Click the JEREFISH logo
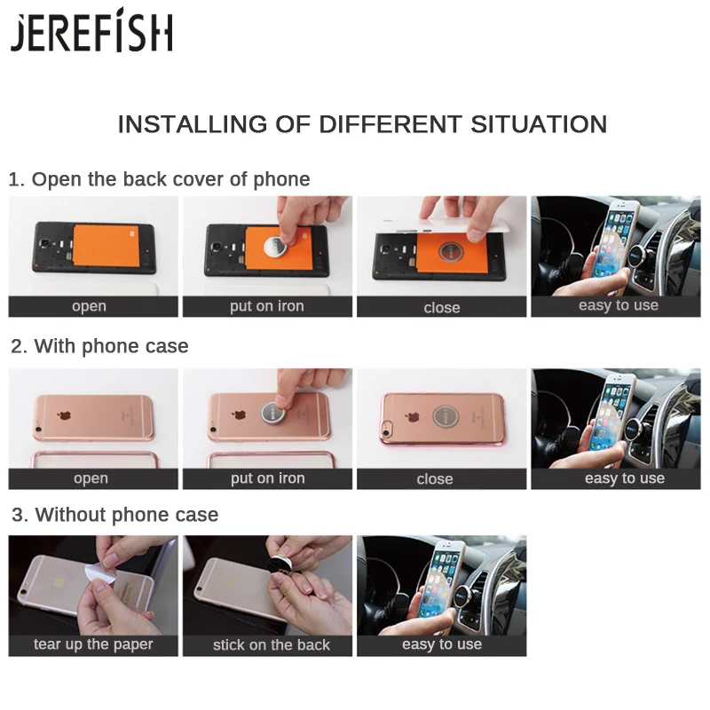(x=91, y=34)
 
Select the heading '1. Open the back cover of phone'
(x=160, y=179)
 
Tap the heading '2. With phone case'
(x=99, y=346)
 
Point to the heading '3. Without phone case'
(x=114, y=515)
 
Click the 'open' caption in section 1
(x=90, y=306)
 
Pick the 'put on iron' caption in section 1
(x=267, y=306)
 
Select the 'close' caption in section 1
(x=442, y=307)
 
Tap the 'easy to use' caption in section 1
(x=619, y=305)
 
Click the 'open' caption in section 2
(x=91, y=478)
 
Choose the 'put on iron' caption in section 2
(x=267, y=478)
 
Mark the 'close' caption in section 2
(x=435, y=479)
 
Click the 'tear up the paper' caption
(x=93, y=644)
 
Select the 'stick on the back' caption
(x=271, y=645)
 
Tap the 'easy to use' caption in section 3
(x=442, y=644)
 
